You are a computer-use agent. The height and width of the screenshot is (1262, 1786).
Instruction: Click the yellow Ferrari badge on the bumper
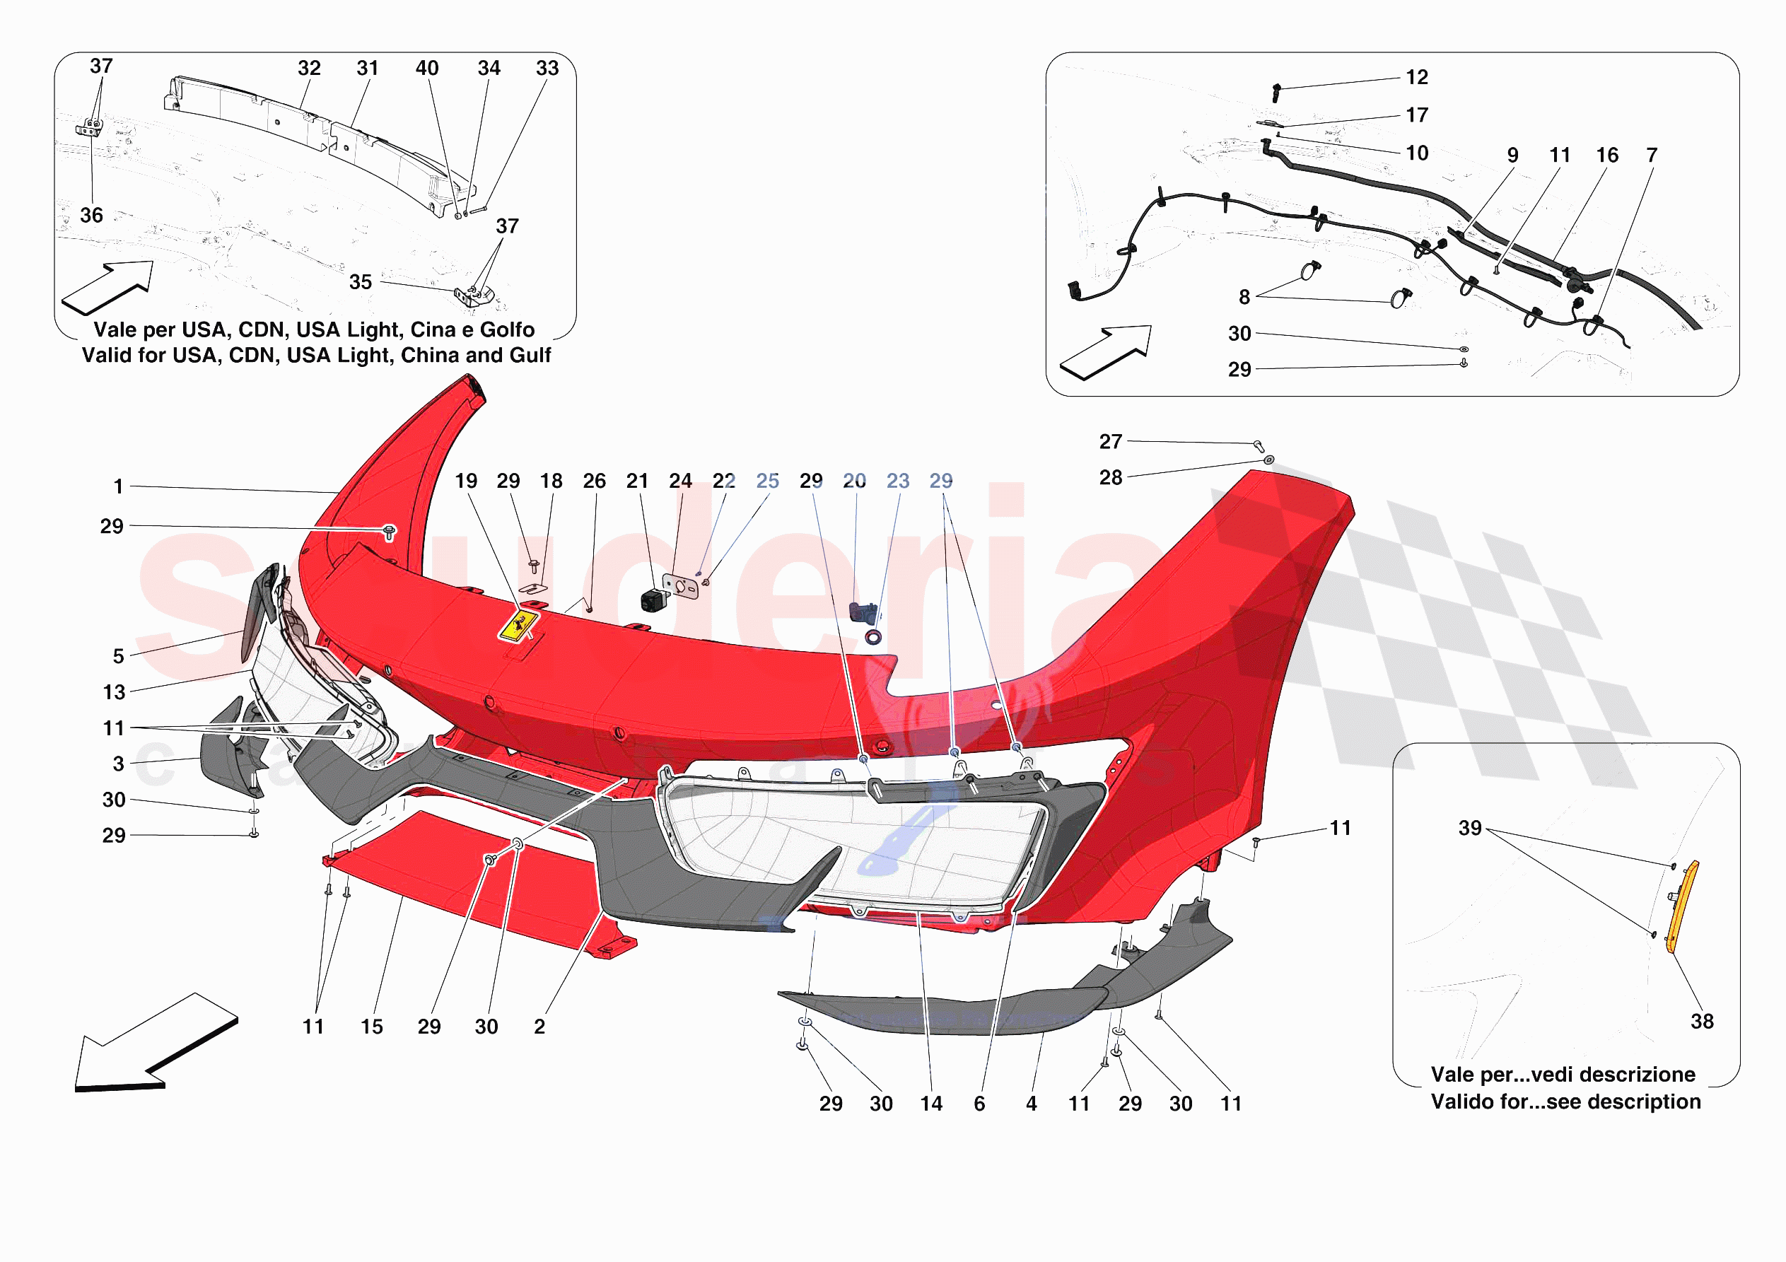pyautogui.click(x=518, y=626)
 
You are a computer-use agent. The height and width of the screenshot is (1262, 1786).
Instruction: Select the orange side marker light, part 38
pyautogui.click(x=1682, y=906)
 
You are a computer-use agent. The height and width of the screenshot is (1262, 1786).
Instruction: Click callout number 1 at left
pyautogui.click(x=118, y=487)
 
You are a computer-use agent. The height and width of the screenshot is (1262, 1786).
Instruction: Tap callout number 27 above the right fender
pyautogui.click(x=1110, y=442)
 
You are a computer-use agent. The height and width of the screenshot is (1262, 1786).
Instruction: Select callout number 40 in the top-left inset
pyautogui.click(x=427, y=69)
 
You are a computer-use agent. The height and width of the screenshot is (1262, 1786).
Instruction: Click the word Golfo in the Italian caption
pyautogui.click(x=507, y=330)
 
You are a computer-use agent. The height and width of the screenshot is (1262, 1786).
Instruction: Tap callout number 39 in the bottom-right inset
pyautogui.click(x=1469, y=828)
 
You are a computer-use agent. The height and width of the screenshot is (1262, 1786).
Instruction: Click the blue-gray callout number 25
pyautogui.click(x=767, y=481)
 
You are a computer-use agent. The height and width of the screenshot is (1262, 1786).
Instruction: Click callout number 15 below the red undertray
pyautogui.click(x=372, y=1027)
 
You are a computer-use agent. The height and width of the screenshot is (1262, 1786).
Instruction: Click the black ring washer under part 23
pyautogui.click(x=873, y=638)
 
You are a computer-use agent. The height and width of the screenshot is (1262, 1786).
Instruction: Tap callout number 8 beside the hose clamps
pyautogui.click(x=1244, y=297)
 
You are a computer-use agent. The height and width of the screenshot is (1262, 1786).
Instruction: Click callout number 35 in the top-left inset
pyautogui.click(x=360, y=282)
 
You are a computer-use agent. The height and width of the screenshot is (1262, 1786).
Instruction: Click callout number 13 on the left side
pyautogui.click(x=115, y=692)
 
